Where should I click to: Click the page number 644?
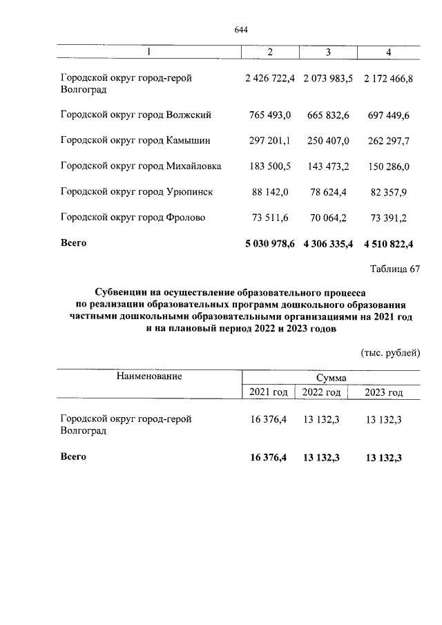coord(241,30)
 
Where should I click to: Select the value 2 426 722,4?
coord(269,79)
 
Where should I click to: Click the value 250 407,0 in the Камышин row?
coord(328,140)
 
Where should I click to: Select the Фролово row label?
coord(133,218)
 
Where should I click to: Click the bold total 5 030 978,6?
coord(269,244)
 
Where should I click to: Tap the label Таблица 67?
coord(394,269)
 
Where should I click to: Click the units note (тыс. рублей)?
coord(390,354)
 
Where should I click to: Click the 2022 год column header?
coord(320,393)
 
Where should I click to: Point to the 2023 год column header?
coord(383,393)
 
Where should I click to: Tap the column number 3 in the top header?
coord(328,53)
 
